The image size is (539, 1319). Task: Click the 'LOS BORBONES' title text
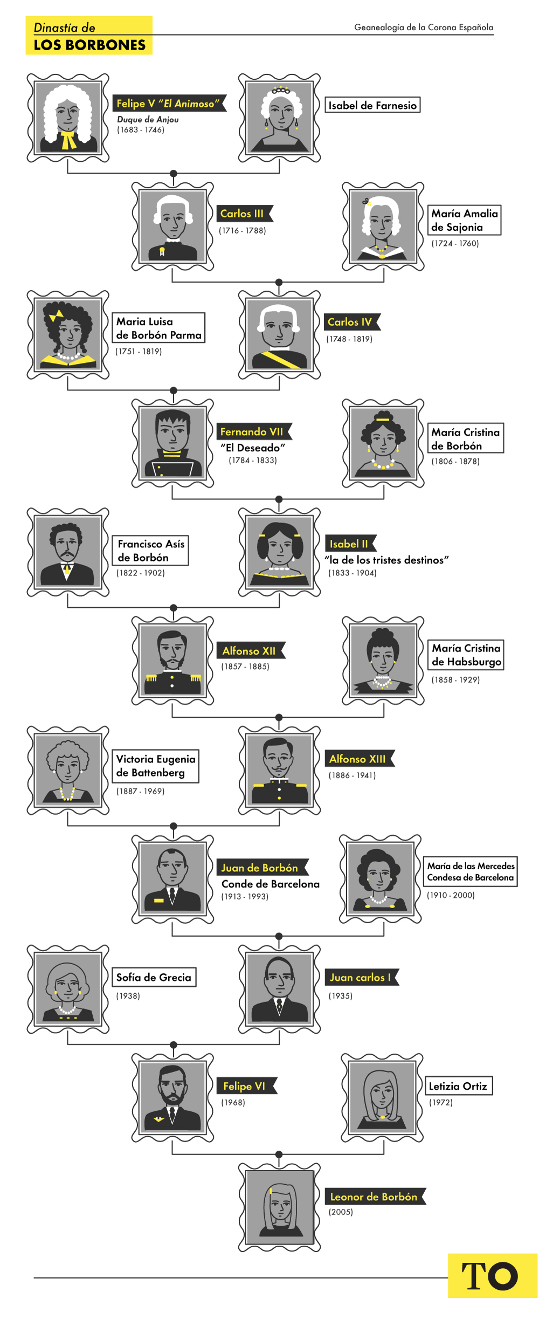[x=89, y=45]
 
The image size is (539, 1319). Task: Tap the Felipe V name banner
[x=168, y=104]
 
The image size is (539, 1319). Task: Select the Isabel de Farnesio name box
[x=372, y=105]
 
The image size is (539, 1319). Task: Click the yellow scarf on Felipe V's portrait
[x=68, y=140]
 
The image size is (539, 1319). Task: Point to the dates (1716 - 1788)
[x=243, y=231]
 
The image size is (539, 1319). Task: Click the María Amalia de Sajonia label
[x=465, y=220]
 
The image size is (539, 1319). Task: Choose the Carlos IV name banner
[x=350, y=322]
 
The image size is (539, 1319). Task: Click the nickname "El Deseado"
[x=252, y=448]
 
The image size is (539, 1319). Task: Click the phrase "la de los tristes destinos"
[x=386, y=560]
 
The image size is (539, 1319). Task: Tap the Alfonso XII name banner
[x=249, y=651]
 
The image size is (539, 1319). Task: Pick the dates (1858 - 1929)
[x=455, y=680]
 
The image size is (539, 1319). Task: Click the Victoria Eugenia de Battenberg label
[x=156, y=766]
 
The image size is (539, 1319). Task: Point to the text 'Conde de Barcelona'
[x=271, y=884]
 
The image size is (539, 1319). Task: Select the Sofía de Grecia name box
[x=154, y=977]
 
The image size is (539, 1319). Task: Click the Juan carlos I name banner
[x=360, y=977]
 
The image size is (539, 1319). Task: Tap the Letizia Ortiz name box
[x=458, y=1086]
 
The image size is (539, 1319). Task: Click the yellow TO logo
[x=490, y=1276]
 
